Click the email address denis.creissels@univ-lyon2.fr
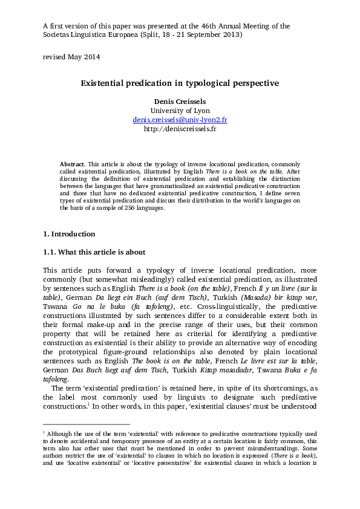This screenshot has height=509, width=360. pyautogui.click(x=180, y=120)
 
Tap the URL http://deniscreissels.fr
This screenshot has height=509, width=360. pyautogui.click(x=180, y=129)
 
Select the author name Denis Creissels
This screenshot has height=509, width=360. pyautogui.click(x=180, y=101)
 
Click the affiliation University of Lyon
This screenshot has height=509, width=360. pyautogui.click(x=180, y=111)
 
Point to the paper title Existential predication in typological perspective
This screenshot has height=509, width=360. pyautogui.click(x=180, y=83)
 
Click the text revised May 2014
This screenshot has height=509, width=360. pyautogui.click(x=71, y=57)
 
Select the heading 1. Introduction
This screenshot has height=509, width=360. pyautogui.click(x=69, y=234)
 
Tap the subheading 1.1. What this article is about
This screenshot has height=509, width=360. pyautogui.click(x=94, y=252)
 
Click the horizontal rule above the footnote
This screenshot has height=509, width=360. pyautogui.click(x=87, y=424)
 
